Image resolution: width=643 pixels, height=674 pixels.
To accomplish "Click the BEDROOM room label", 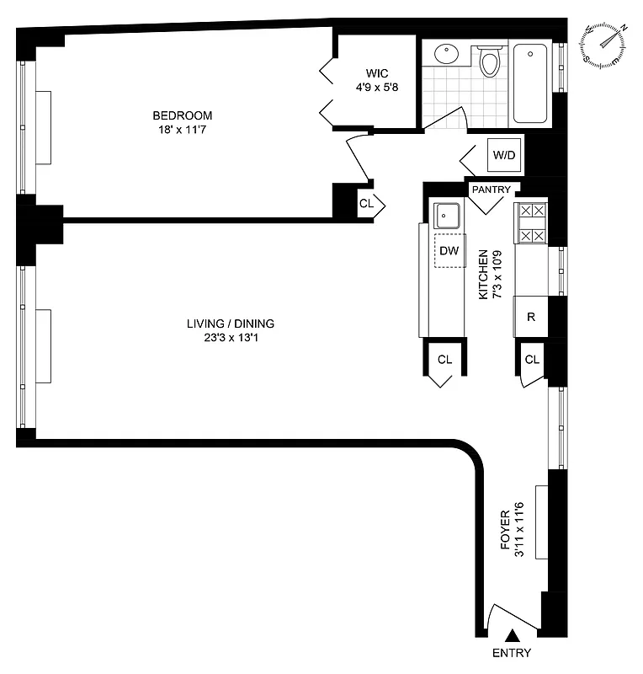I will (x=182, y=115).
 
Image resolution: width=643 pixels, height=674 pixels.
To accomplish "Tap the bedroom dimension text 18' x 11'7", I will (x=182, y=130).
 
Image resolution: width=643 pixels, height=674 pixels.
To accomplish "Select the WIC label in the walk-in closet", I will (x=376, y=72).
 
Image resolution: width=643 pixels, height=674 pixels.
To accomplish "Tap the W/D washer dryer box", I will (x=503, y=155).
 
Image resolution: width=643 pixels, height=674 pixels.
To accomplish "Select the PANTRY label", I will (x=491, y=190).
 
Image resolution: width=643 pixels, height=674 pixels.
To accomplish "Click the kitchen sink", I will (x=446, y=217).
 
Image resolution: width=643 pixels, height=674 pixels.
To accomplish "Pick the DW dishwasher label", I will (x=449, y=250).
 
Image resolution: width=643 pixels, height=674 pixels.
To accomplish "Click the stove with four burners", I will (x=531, y=223).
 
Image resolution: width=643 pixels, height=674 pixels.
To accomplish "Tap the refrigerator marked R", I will (x=530, y=317).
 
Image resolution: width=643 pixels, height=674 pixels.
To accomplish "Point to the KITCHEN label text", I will (x=483, y=275).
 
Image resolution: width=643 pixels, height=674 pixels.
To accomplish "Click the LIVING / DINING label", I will (x=231, y=324).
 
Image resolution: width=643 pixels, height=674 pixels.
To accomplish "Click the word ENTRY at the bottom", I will (x=511, y=654).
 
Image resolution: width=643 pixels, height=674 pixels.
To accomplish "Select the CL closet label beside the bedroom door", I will (x=366, y=203).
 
